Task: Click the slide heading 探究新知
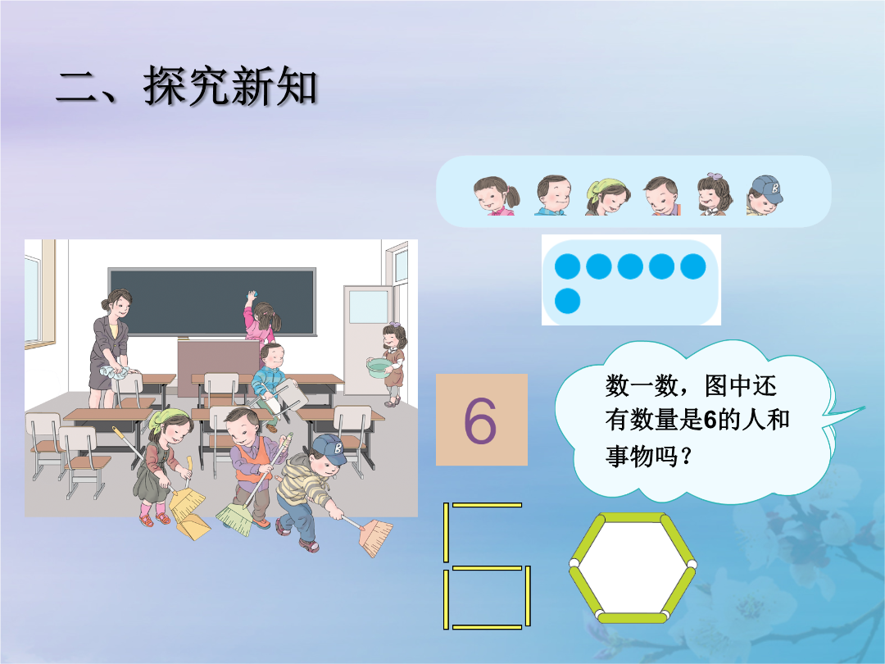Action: (229, 86)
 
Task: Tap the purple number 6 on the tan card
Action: (479, 421)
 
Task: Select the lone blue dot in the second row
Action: (567, 301)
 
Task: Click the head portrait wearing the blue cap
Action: (765, 195)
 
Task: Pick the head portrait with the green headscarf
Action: (607, 197)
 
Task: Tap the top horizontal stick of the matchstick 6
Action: (487, 505)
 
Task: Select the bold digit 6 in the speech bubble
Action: (710, 420)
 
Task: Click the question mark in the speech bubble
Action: (687, 456)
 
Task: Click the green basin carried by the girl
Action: (379, 368)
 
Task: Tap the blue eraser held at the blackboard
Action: (252, 294)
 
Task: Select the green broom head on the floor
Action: (235, 519)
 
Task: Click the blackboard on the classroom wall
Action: (211, 302)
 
